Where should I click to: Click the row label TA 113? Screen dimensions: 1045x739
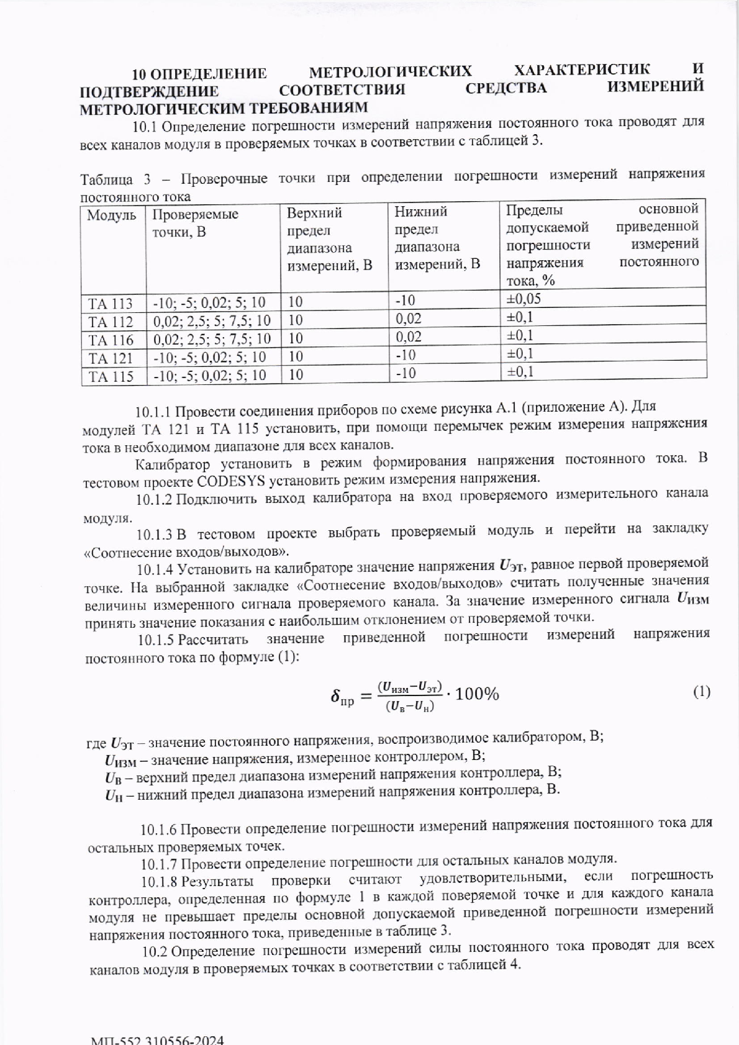(111, 304)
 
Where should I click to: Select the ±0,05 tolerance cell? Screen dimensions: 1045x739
(524, 299)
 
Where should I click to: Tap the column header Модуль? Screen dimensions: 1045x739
(112, 215)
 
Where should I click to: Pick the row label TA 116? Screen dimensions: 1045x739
(111, 340)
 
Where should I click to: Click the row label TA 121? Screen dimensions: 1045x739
(111, 358)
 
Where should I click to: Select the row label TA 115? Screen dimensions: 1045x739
(111, 376)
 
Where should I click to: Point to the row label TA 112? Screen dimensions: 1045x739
(111, 322)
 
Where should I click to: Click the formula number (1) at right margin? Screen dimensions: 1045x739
(700, 692)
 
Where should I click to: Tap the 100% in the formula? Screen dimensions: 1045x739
(477, 694)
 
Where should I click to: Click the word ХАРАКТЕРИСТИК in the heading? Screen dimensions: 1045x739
(583, 69)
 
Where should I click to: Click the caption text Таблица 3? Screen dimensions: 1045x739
(116, 180)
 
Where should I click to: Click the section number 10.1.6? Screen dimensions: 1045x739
(158, 830)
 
